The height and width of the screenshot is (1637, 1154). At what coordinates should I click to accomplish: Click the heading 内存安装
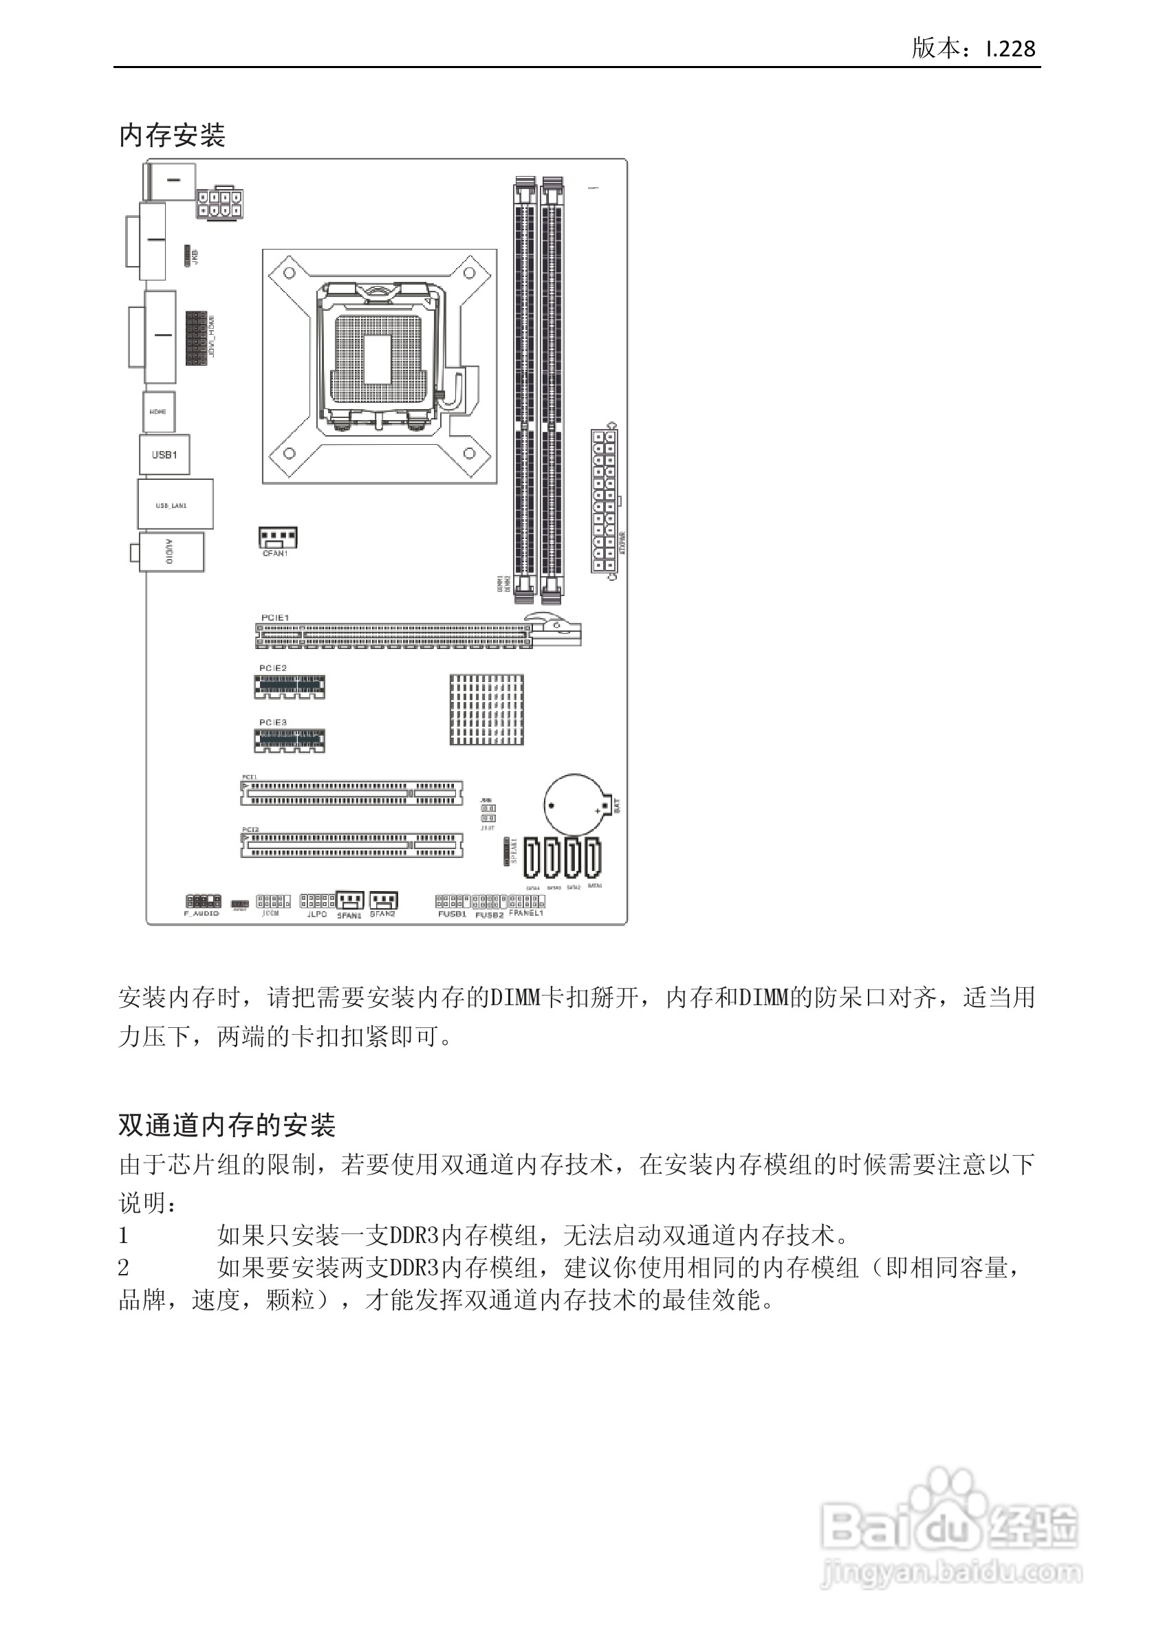pyautogui.click(x=172, y=135)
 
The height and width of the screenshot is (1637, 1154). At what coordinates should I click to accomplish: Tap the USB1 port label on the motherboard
pyautogui.click(x=164, y=455)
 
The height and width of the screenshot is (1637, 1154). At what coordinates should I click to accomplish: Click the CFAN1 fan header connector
pyautogui.click(x=277, y=537)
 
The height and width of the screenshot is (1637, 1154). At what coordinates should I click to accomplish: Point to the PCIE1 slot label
pyautogui.click(x=274, y=617)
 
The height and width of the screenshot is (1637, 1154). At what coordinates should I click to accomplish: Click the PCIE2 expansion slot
pyautogui.click(x=290, y=687)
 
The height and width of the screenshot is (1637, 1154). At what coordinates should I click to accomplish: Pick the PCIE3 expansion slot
pyautogui.click(x=290, y=740)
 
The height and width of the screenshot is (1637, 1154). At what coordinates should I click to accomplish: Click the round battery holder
pyautogui.click(x=575, y=805)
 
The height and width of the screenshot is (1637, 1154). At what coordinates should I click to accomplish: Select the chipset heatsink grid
pyautogui.click(x=486, y=710)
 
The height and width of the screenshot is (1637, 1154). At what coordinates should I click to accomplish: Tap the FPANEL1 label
pyautogui.click(x=526, y=912)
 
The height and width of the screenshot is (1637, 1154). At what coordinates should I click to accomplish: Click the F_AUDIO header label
pyautogui.click(x=202, y=913)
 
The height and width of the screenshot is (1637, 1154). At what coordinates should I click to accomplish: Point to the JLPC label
pyautogui.click(x=316, y=914)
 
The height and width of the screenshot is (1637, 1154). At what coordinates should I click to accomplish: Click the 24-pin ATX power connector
pyautogui.click(x=604, y=501)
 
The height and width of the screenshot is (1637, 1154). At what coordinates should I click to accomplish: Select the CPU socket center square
pyautogui.click(x=378, y=359)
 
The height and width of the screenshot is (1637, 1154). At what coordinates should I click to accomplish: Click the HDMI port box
pyautogui.click(x=158, y=411)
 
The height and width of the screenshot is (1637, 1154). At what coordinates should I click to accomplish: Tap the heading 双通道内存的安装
pyautogui.click(x=227, y=1125)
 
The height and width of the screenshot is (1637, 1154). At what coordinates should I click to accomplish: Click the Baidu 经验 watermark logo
pyautogui.click(x=950, y=1527)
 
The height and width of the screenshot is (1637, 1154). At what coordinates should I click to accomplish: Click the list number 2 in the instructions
pyautogui.click(x=123, y=1268)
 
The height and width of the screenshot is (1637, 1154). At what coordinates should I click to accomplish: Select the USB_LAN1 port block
pyautogui.click(x=175, y=505)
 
